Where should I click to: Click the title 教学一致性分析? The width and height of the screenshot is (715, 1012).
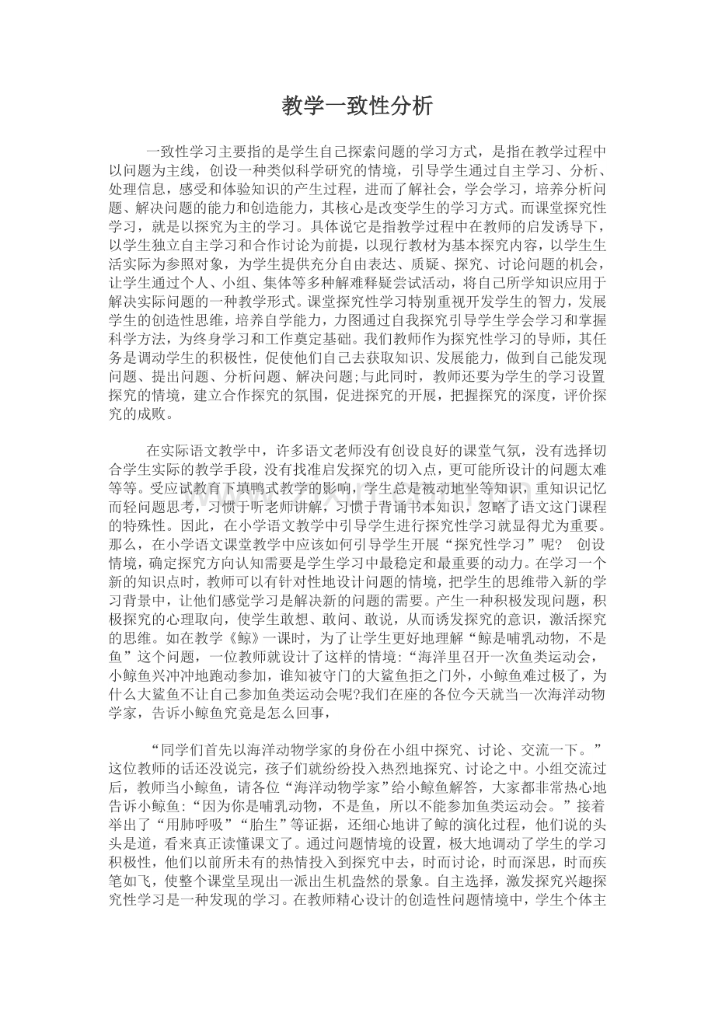357,106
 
